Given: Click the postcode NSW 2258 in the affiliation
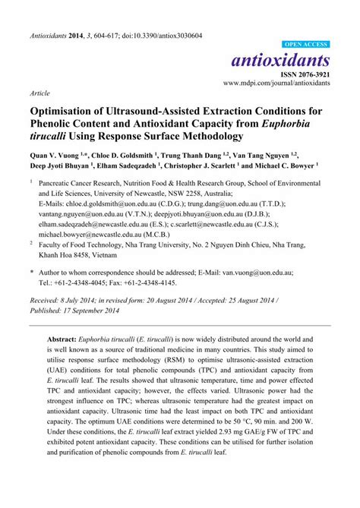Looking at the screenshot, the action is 209,193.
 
